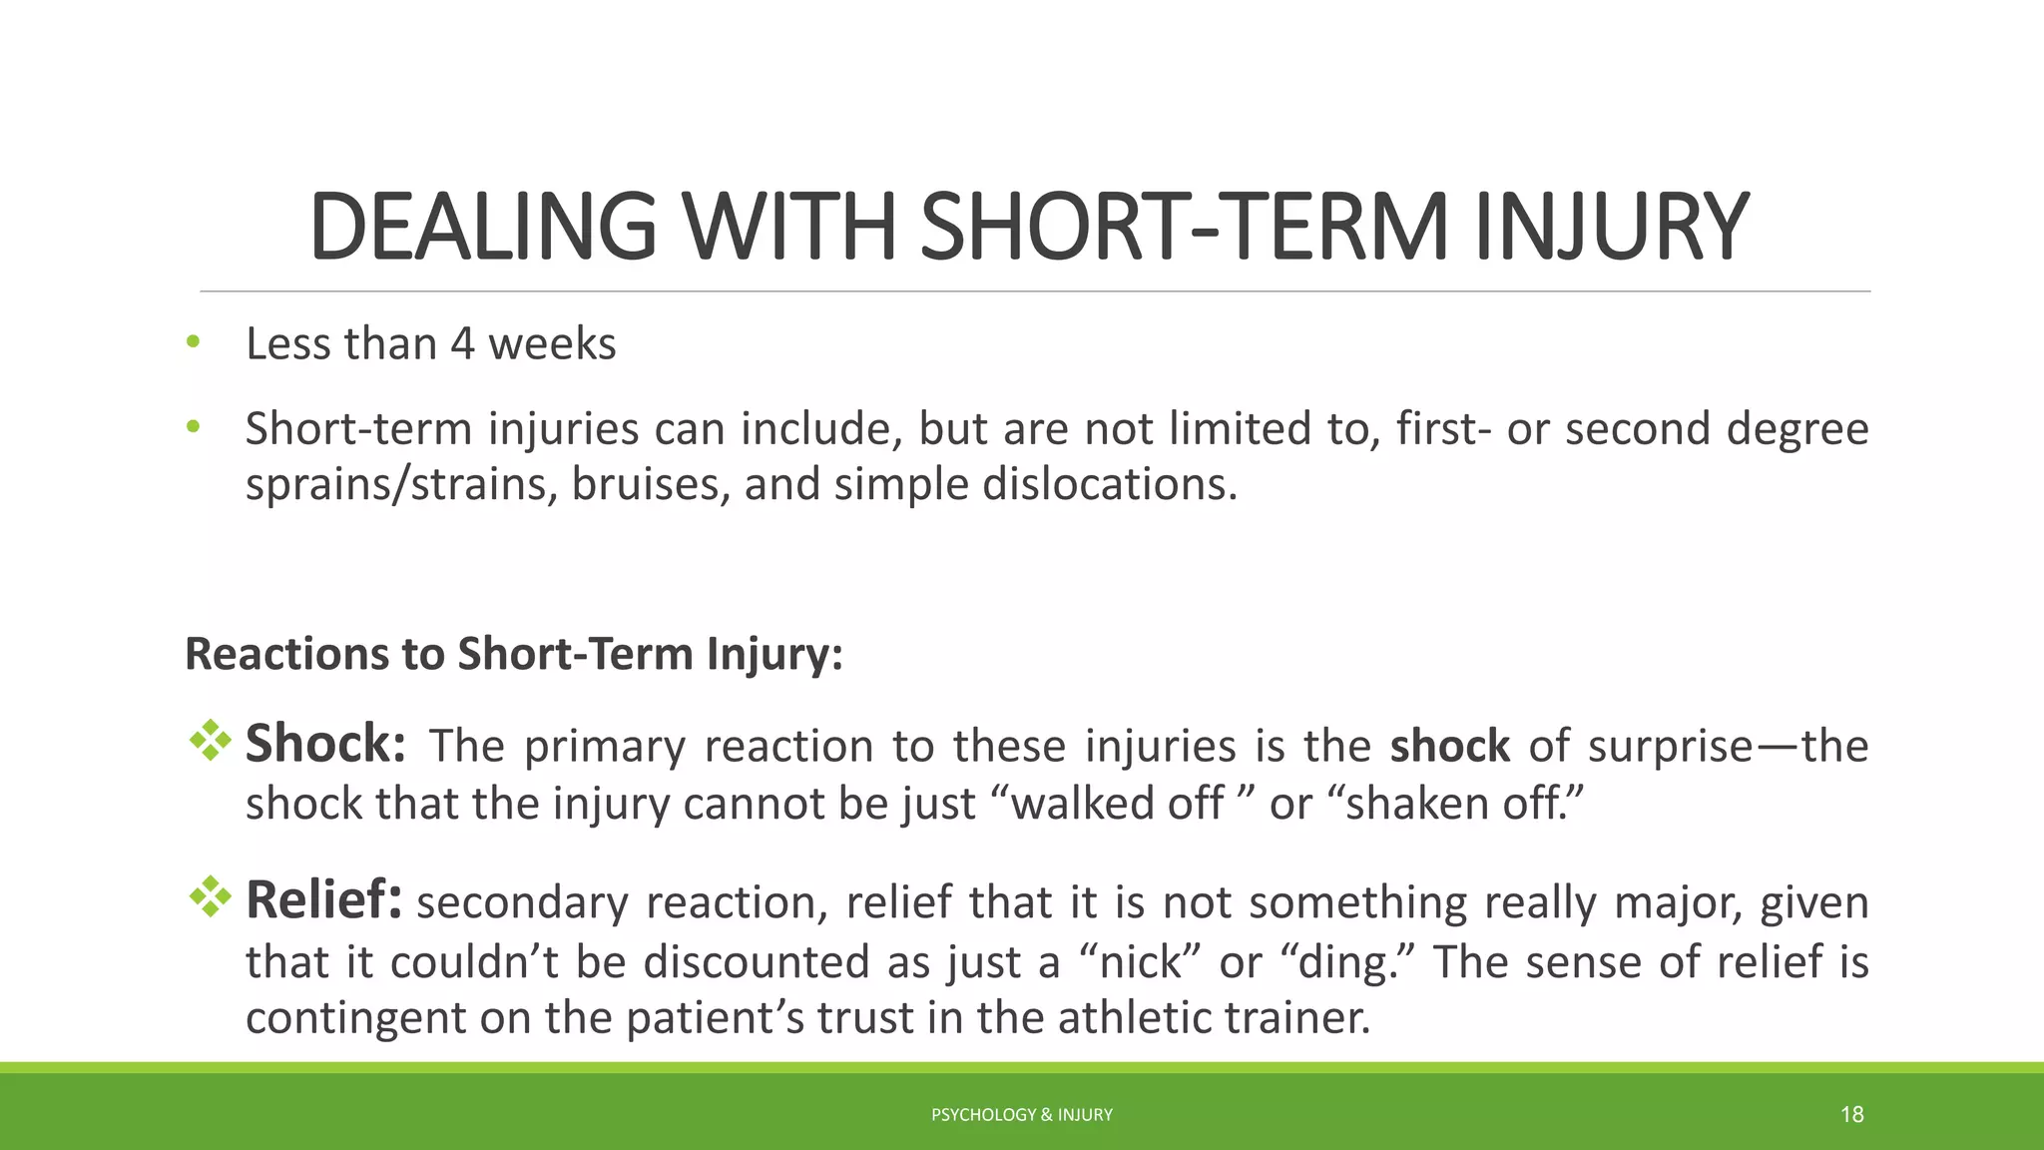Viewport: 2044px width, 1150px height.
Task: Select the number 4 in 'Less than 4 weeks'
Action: pyautogui.click(x=461, y=344)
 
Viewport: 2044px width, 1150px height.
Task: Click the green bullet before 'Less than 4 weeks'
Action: pyautogui.click(x=193, y=342)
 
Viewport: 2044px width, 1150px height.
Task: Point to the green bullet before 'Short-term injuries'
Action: pyautogui.click(x=193, y=427)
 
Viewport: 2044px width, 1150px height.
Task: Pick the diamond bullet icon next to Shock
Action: pyautogui.click(x=210, y=741)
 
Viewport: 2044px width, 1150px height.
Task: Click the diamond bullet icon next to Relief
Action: pyautogui.click(x=210, y=896)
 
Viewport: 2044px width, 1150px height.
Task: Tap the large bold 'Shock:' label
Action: pyautogui.click(x=325, y=744)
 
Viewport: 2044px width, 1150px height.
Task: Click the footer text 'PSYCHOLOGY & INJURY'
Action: pyautogui.click(x=1021, y=1115)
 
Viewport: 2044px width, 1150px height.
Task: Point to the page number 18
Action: pyautogui.click(x=1851, y=1115)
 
